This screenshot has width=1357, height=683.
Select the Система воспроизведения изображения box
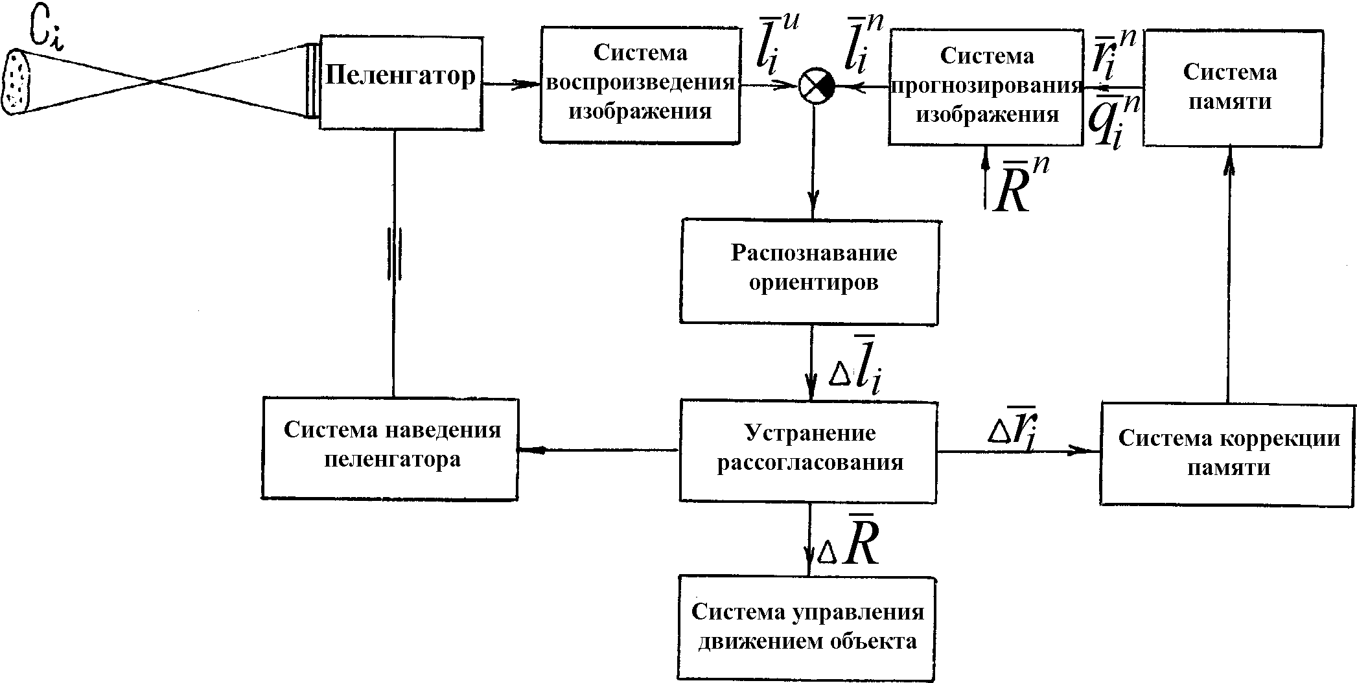[640, 84]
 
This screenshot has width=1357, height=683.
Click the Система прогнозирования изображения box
[985, 87]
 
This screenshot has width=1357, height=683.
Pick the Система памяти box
[1231, 87]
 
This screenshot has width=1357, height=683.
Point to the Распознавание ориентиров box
[809, 271]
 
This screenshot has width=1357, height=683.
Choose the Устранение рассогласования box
[808, 450]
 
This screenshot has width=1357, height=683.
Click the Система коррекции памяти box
[1227, 453]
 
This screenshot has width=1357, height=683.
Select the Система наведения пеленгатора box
[390, 448]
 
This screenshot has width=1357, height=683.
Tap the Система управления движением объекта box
[807, 627]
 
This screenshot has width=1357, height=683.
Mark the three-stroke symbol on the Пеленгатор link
[393, 253]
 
